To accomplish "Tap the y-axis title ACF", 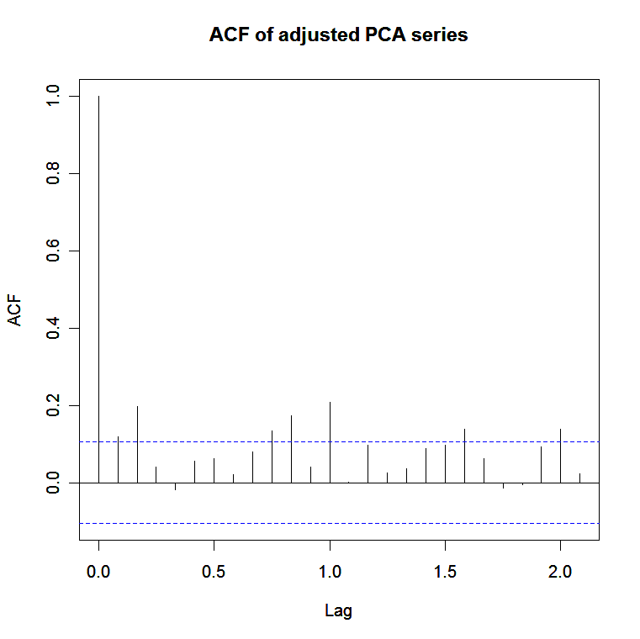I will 15,309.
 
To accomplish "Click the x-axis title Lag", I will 338,611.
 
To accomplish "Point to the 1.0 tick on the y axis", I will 54,96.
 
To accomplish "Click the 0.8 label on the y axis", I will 54,173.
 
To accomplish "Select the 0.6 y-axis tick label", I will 54,251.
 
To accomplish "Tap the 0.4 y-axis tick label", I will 54,328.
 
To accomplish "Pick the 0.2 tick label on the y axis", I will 54,405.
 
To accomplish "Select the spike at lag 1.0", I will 330,442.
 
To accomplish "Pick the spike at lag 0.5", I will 214,471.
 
